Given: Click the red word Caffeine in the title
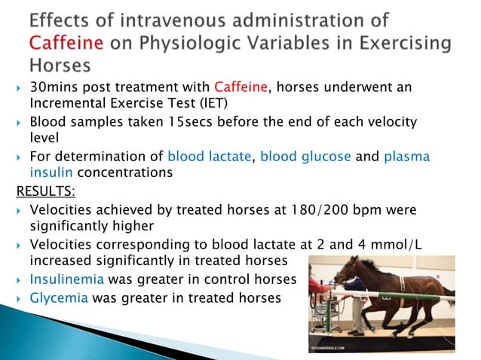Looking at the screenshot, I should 66,44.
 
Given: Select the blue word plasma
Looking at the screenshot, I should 407,156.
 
